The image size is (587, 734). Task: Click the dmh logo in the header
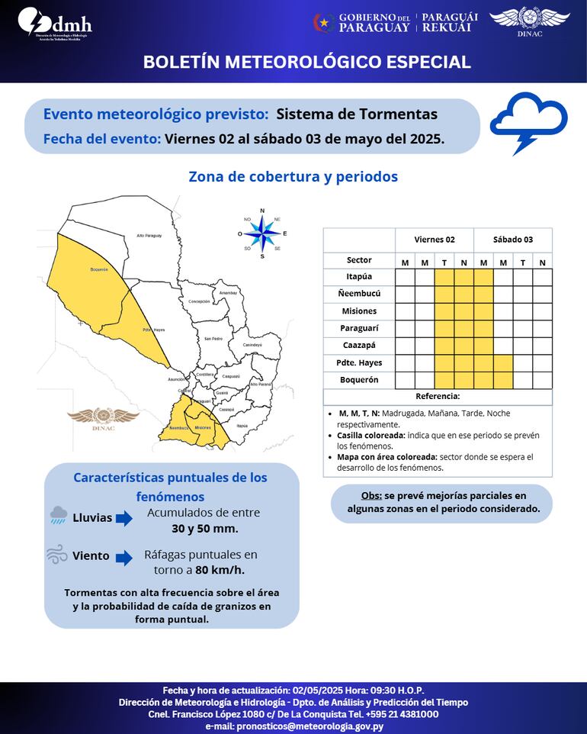tap(55, 24)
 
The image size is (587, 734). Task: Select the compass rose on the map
tap(262, 233)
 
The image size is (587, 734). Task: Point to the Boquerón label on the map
tap(99, 269)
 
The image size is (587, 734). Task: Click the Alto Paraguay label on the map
tap(149, 236)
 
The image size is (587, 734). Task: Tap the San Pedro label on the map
tap(213, 338)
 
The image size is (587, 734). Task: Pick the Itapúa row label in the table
tap(359, 277)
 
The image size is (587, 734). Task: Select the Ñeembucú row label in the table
tap(359, 294)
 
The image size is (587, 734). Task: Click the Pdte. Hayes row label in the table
tap(359, 362)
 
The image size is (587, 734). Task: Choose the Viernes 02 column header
tap(435, 240)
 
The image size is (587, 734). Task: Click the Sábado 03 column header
tap(512, 240)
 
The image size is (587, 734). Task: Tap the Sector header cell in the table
tap(359, 260)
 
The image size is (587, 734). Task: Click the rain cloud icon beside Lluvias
tap(58, 517)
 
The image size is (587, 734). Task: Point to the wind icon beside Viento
tap(56, 554)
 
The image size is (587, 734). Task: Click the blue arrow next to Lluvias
tap(124, 519)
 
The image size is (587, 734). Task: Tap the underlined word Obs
tap(371, 496)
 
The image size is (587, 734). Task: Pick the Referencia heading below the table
tap(438, 397)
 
